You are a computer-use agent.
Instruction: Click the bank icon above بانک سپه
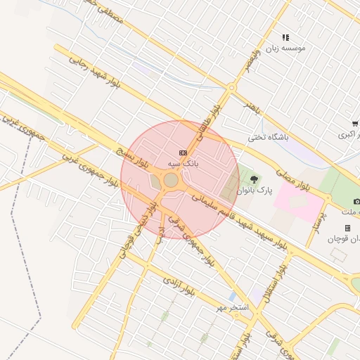[x=184, y=152]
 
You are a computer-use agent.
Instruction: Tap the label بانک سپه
[x=183, y=163]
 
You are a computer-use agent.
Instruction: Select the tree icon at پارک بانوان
[x=254, y=179]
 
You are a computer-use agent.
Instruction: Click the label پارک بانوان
[x=254, y=190]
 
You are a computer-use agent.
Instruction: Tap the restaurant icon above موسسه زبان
[x=285, y=37]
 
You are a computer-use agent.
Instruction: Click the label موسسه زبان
[x=285, y=49]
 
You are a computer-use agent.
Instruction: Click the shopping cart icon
[x=355, y=123]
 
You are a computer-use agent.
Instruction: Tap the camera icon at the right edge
[x=356, y=202]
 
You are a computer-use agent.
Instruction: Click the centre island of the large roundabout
[x=171, y=181]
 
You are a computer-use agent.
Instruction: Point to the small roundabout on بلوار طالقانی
[x=231, y=88]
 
